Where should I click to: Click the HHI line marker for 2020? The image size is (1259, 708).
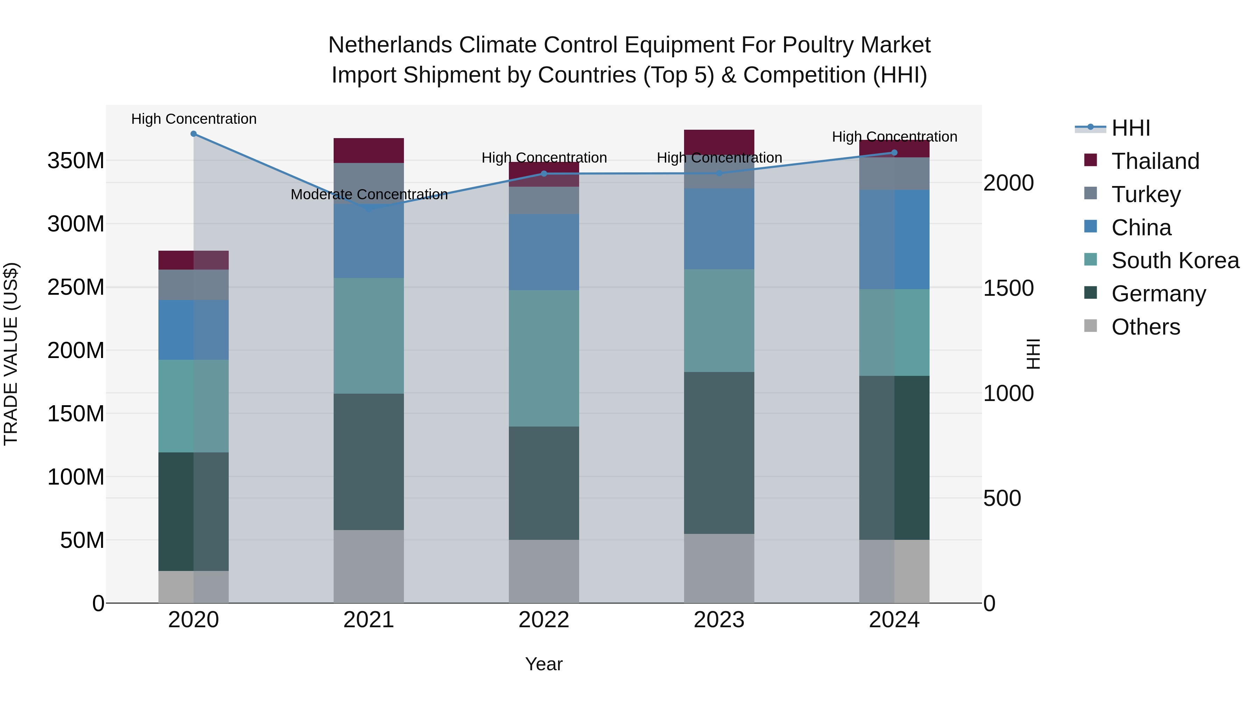click(193, 134)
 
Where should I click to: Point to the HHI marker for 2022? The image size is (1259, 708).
click(544, 173)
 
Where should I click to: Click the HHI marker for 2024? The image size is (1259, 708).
click(894, 152)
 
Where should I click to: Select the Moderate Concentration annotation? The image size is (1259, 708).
click(369, 194)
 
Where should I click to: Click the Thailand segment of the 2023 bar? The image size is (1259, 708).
click(719, 142)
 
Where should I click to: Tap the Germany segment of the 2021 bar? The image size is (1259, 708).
click(369, 462)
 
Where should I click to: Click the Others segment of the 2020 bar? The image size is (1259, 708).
click(193, 587)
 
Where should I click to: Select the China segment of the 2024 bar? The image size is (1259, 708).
click(894, 239)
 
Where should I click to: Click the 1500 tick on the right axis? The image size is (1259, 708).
click(1008, 288)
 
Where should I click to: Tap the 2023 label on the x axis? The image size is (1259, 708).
click(719, 620)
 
